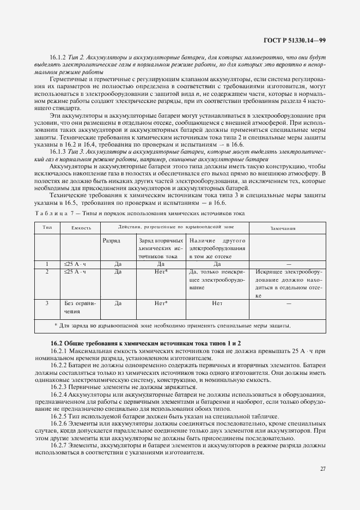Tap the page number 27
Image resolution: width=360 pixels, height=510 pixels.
(322, 468)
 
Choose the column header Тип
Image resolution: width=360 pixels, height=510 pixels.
(47, 227)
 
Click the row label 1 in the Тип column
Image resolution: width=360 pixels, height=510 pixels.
(47, 264)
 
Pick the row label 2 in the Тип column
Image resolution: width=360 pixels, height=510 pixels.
(47, 271)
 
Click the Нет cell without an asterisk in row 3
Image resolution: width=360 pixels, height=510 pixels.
(217, 303)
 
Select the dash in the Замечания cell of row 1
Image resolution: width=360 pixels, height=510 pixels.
(289, 264)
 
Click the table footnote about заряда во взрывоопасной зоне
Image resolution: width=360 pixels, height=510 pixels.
(173, 326)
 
